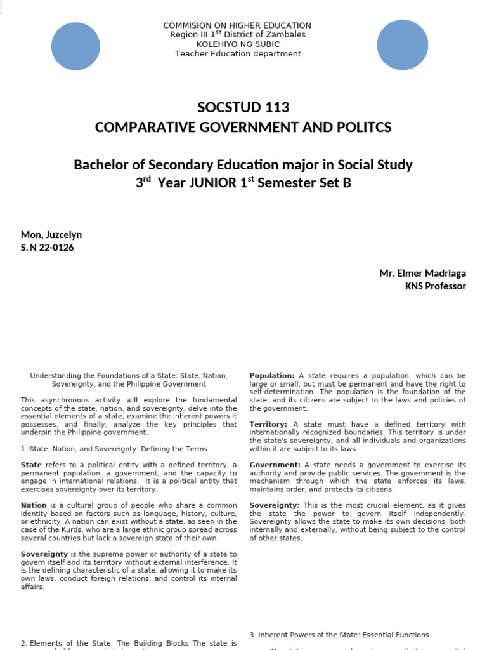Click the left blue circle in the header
(x=75, y=46)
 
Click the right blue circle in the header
(x=402, y=45)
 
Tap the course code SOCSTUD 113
(x=243, y=107)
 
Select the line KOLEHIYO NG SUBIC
(x=237, y=44)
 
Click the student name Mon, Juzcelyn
(x=51, y=235)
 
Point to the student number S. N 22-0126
(x=48, y=248)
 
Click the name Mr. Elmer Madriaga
(x=422, y=273)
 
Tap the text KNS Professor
(x=435, y=286)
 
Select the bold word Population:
(x=272, y=376)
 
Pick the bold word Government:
(x=275, y=465)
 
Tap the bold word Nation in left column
(x=34, y=505)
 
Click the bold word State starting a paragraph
(x=31, y=465)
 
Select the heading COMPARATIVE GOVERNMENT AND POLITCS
(x=243, y=128)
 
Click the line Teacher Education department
(x=238, y=54)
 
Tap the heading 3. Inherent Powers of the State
(x=339, y=635)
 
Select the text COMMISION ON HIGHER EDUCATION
(x=237, y=25)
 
